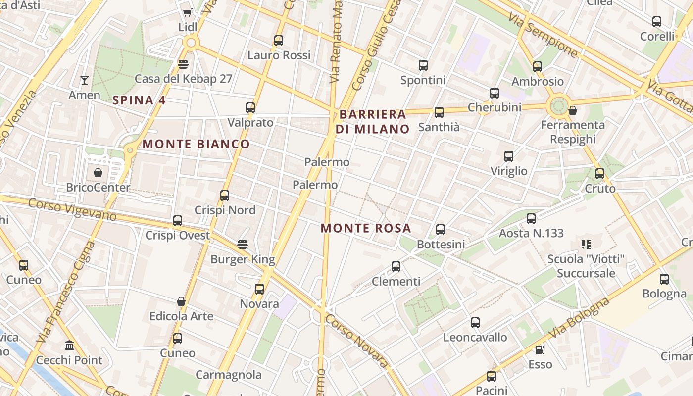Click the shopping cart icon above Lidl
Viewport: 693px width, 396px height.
(187, 13)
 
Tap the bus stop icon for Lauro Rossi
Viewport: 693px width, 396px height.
(279, 41)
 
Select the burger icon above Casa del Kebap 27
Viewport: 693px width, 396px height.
(183, 64)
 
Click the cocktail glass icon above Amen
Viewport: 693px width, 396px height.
(85, 80)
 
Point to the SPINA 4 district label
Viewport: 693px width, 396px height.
(139, 100)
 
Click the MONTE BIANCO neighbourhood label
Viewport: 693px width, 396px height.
(196, 144)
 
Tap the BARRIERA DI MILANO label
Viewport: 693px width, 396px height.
(373, 122)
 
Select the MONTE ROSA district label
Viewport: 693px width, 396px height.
(366, 228)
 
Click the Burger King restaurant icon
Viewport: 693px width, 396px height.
(243, 245)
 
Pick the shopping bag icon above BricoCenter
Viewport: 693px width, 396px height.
(98, 173)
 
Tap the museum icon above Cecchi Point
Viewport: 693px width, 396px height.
(69, 345)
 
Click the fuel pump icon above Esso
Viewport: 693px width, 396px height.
(540, 349)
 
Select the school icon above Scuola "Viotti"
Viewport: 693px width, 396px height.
(586, 244)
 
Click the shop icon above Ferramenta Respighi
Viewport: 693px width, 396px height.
(573, 110)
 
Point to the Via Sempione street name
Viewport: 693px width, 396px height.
(543, 34)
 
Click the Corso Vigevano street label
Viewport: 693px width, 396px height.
(72, 210)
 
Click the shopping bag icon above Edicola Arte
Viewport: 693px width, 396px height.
(181, 301)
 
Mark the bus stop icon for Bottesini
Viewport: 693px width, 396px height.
(441, 229)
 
